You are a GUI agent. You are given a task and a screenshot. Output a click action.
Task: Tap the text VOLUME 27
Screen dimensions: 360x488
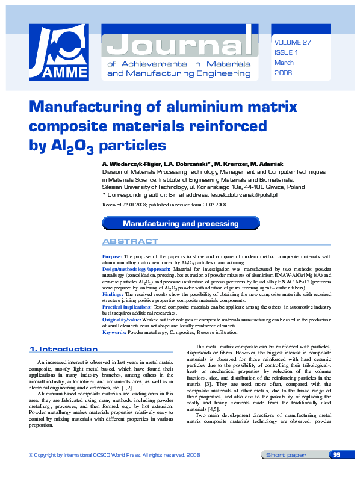pyautogui.click(x=293, y=42)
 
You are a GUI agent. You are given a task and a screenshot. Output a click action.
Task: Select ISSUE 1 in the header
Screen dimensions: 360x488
pyautogui.click(x=287, y=52)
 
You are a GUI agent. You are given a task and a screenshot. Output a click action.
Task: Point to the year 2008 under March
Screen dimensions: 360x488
pyautogui.click(x=283, y=72)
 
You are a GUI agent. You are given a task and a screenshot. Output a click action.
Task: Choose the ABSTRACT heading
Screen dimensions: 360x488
pyautogui.click(x=131, y=241)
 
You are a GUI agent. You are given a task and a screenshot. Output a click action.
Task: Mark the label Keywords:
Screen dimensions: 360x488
pyautogui.click(x=114, y=332)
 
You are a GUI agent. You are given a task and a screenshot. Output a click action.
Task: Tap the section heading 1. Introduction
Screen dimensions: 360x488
pyautogui.click(x=63, y=349)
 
